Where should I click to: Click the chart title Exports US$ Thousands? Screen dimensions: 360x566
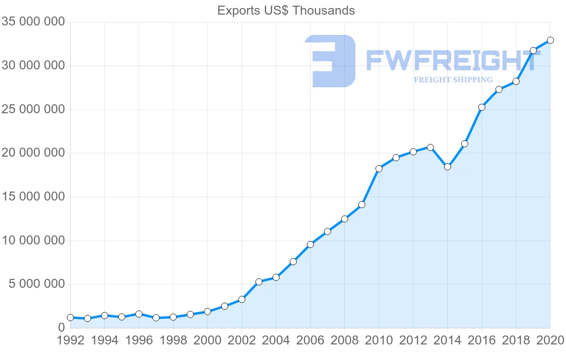click(x=286, y=10)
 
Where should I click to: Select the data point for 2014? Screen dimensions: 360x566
click(x=448, y=167)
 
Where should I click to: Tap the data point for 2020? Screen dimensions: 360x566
click(x=550, y=40)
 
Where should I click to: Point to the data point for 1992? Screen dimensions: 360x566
click(x=70, y=318)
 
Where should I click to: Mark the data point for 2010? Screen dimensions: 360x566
click(x=379, y=168)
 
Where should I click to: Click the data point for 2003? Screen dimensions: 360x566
click(x=259, y=282)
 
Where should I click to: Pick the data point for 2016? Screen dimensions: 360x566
click(x=482, y=107)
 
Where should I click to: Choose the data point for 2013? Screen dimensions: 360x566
click(x=430, y=147)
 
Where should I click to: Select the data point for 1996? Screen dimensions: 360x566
click(x=139, y=314)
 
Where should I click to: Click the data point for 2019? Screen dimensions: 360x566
click(x=533, y=50)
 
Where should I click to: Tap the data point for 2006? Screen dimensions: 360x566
click(x=310, y=244)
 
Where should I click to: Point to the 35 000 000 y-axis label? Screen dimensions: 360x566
click(x=33, y=22)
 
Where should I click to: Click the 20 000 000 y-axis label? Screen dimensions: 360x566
click(x=33, y=153)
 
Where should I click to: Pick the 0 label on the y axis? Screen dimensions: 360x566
click(x=61, y=327)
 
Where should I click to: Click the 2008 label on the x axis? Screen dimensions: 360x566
click(x=344, y=341)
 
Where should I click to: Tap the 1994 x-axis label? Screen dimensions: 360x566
click(x=105, y=341)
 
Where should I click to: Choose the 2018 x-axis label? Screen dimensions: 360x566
click(x=516, y=341)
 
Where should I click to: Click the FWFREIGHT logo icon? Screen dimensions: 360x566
click(x=330, y=61)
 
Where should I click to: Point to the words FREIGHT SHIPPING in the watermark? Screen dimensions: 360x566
click(x=453, y=80)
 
